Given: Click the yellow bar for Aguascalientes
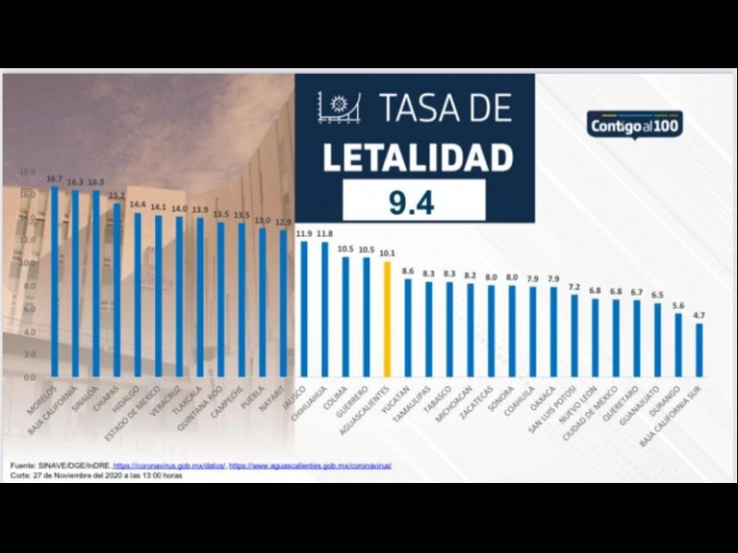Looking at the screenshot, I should [387, 319].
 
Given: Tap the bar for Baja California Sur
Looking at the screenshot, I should [699, 349].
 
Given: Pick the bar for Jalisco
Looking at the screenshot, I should [304, 309].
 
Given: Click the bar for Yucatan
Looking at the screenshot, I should [409, 327].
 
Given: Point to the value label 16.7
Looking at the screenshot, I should [54, 178].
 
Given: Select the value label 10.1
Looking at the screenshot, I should [387, 253].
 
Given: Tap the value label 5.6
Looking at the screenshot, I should [678, 305].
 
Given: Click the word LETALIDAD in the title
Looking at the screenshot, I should [417, 157].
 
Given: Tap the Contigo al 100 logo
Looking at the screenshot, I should [635, 124].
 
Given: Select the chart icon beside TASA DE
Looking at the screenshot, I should [339, 108].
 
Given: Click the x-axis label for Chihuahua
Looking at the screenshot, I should [314, 406].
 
